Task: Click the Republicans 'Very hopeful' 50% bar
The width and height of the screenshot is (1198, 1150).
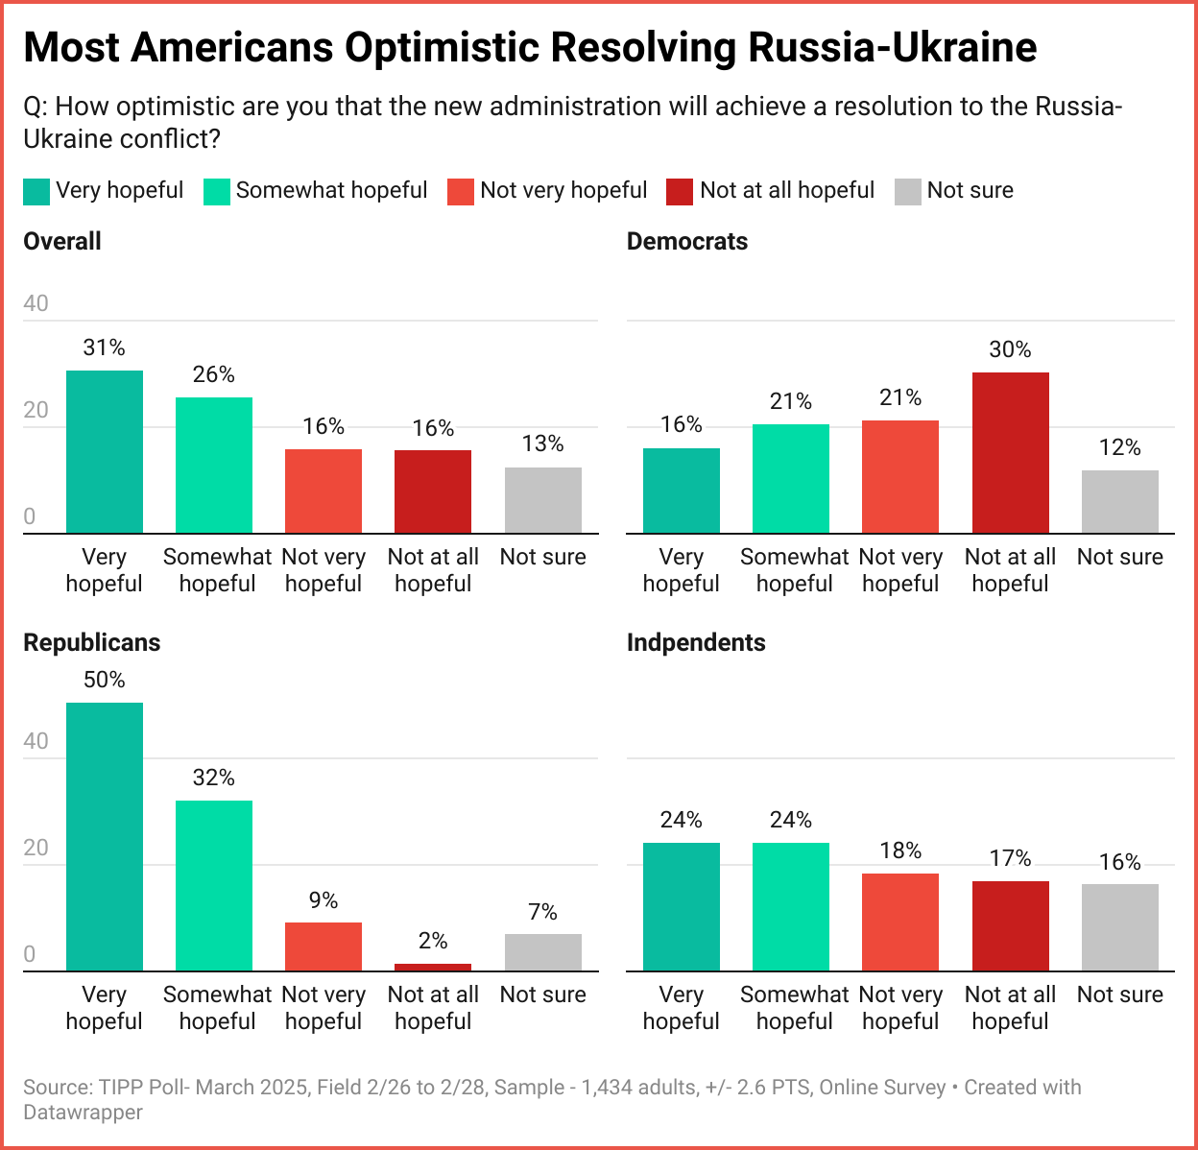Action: [x=105, y=836]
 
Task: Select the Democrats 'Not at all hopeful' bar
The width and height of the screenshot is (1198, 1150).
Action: [x=1010, y=452]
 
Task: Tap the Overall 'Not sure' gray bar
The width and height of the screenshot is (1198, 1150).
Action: [x=542, y=500]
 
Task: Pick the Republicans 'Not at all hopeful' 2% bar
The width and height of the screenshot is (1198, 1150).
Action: [x=433, y=967]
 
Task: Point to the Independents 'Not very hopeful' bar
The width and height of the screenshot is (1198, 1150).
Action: [x=900, y=922]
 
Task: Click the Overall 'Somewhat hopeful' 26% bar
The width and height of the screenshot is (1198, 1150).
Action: [x=214, y=465]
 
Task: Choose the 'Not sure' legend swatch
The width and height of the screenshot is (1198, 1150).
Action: [x=907, y=191]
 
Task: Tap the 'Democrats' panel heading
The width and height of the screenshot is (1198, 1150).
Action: [x=687, y=241]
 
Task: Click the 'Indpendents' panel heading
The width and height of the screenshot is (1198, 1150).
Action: [x=696, y=642]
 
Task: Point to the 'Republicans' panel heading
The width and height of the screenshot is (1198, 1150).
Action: [x=92, y=642]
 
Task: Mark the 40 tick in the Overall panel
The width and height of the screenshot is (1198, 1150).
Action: [x=36, y=303]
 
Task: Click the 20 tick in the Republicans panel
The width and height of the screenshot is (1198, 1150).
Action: [x=36, y=848]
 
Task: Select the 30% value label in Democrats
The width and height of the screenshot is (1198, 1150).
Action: [x=1010, y=349]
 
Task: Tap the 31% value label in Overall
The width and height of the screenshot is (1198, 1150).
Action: [x=105, y=347]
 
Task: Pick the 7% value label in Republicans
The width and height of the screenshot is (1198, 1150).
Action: [x=542, y=912]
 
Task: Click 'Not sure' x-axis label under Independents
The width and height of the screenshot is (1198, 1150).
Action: [x=1119, y=994]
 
